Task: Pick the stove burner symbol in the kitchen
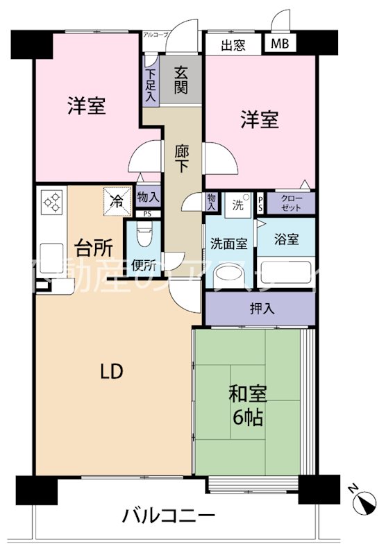[x=52, y=203]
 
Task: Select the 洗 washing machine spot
[x=238, y=205]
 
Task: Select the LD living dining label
[x=112, y=372]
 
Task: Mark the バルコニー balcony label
[x=169, y=516]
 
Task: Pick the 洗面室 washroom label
[x=229, y=244]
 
